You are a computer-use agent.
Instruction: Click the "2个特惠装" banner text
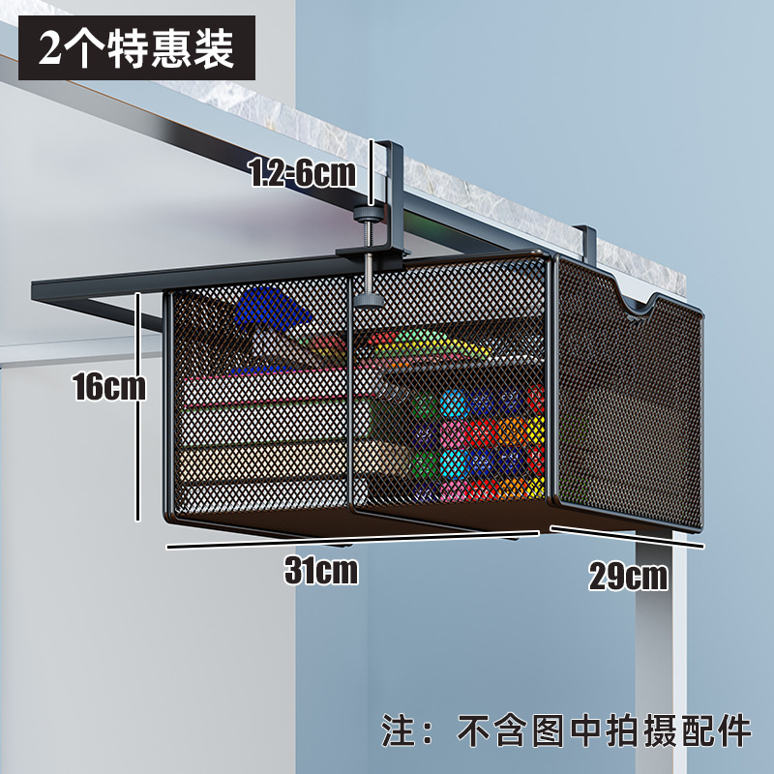click(136, 48)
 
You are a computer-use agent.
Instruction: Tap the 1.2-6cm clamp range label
click(302, 174)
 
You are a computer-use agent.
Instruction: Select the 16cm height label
click(108, 387)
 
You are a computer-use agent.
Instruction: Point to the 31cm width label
click(321, 571)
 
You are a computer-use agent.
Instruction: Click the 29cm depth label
click(628, 577)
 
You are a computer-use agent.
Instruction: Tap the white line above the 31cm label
click(348, 539)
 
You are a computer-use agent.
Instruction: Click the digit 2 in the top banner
click(49, 49)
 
